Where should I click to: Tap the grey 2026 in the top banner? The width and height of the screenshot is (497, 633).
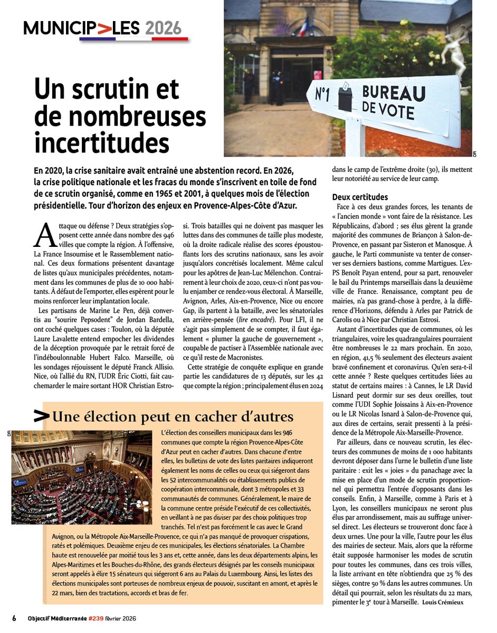pos(163,27)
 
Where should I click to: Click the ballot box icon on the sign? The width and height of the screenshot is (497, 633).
pos(346,97)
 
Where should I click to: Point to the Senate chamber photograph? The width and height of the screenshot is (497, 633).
pos(82,476)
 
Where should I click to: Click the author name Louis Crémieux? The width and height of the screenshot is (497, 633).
pos(443,602)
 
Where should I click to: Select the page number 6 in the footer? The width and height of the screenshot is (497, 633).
pos(14,618)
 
